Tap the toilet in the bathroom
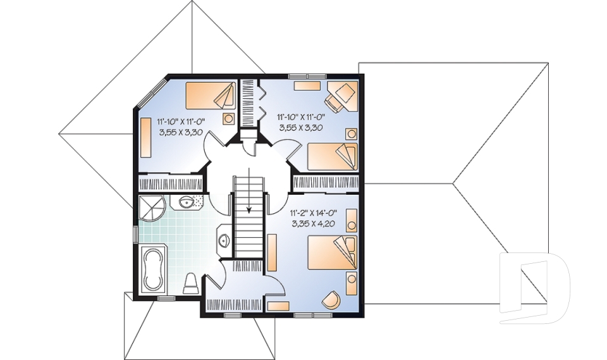(x=192, y=282)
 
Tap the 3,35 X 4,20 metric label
(x=312, y=223)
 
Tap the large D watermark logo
(x=534, y=288)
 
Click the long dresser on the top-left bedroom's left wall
(x=145, y=138)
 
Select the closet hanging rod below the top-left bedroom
(x=169, y=184)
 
